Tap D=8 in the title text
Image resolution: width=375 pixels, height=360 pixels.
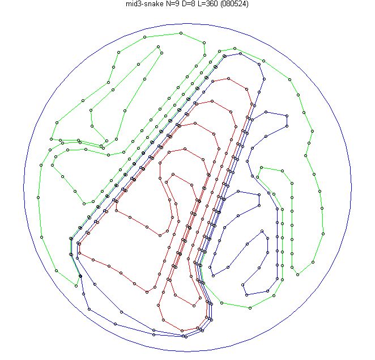click(188, 3)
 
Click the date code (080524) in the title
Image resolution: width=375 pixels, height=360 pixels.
click(234, 3)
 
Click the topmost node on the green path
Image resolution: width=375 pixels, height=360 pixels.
click(181, 33)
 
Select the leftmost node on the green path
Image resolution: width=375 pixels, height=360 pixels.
click(39, 197)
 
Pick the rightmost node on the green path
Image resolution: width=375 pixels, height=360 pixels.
click(323, 234)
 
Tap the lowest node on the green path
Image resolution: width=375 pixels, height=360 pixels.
click(250, 308)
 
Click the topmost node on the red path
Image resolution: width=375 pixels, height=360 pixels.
click(229, 78)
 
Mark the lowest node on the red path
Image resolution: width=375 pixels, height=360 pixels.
click(182, 331)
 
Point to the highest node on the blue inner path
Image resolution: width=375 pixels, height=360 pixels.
click(240, 54)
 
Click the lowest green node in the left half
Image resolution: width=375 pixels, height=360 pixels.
click(76, 286)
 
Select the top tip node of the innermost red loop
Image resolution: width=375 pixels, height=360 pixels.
click(173, 175)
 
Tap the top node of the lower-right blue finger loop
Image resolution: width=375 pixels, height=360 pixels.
click(262, 231)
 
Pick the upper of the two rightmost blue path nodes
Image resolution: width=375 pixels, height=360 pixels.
click(287, 116)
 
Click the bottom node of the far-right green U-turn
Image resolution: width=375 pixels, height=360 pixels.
click(297, 274)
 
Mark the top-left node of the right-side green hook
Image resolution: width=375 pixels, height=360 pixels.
click(261, 168)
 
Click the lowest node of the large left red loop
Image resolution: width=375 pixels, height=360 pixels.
click(147, 292)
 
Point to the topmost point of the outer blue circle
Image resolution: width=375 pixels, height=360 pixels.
click(187, 23)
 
